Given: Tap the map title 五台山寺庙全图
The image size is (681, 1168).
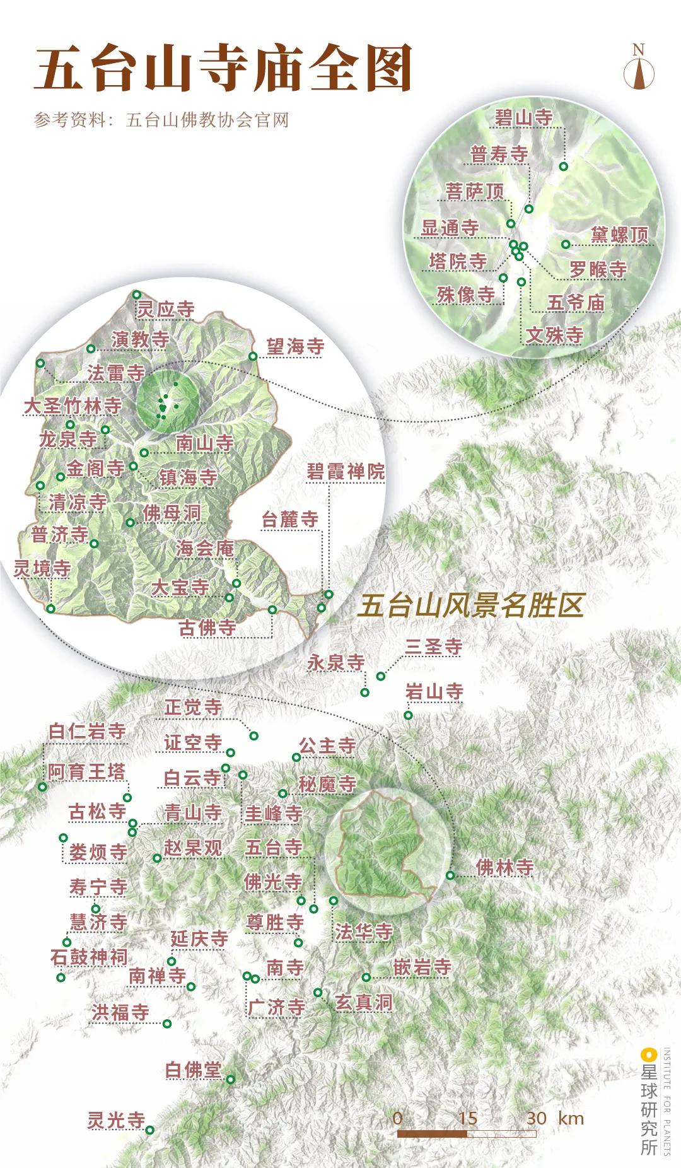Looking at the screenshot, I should point(223,68).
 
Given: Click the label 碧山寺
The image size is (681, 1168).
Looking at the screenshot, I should point(523,117).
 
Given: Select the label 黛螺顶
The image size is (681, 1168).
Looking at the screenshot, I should point(619,235).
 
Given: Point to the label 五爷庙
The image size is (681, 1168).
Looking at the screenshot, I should point(576,303).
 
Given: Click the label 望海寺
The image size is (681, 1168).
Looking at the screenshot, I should point(294,346).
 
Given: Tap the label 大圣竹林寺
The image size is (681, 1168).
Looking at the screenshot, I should point(73,406).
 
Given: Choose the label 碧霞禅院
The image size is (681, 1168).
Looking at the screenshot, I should point(346,471).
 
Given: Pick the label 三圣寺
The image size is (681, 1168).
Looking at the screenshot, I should point(434,646).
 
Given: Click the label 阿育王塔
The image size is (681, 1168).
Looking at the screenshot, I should point(86,771).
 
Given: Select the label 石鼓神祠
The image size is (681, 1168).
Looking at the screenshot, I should point(89,957).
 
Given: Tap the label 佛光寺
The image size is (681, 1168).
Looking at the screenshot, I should point(273,882).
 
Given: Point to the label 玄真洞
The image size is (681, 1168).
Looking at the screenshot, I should point(363,1002).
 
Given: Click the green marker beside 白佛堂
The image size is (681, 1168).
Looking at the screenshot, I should point(230,1080).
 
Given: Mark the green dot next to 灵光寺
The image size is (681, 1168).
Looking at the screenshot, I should point(150,1130).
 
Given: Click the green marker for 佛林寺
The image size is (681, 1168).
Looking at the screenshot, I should point(450,875).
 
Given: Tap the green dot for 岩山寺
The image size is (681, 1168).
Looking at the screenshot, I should point(409,715).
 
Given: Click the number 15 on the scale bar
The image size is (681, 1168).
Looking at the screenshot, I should point(467,1118).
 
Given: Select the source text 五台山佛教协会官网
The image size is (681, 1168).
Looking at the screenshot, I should point(207,120).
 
